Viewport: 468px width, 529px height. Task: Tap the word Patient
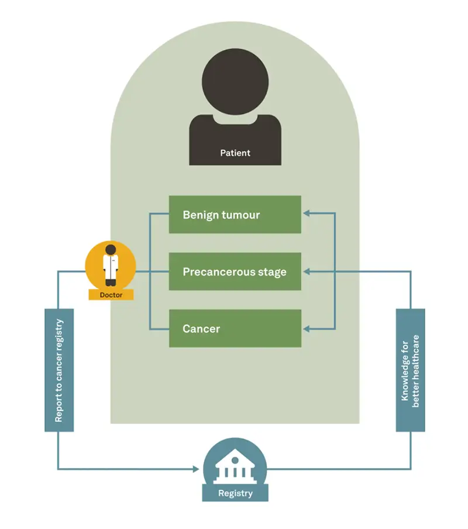[x=235, y=153]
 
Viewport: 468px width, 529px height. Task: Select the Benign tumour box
[x=235, y=215]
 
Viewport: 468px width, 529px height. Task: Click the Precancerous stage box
[x=235, y=272]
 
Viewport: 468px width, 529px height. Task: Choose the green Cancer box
[x=235, y=328]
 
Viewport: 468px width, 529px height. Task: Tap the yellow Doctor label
[x=111, y=295]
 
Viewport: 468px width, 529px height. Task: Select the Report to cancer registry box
[x=59, y=370]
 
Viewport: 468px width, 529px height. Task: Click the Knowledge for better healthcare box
[x=410, y=370]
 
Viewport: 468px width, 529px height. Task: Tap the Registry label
[x=235, y=493]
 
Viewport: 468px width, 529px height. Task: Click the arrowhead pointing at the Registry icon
[x=196, y=469]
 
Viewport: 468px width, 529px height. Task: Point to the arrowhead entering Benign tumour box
[x=307, y=215]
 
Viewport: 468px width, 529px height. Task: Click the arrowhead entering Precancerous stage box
[x=307, y=272]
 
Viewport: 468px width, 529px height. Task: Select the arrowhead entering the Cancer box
[x=307, y=329]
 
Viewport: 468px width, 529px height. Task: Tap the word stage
[x=272, y=273]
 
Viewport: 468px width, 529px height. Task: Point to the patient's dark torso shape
[x=235, y=138]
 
